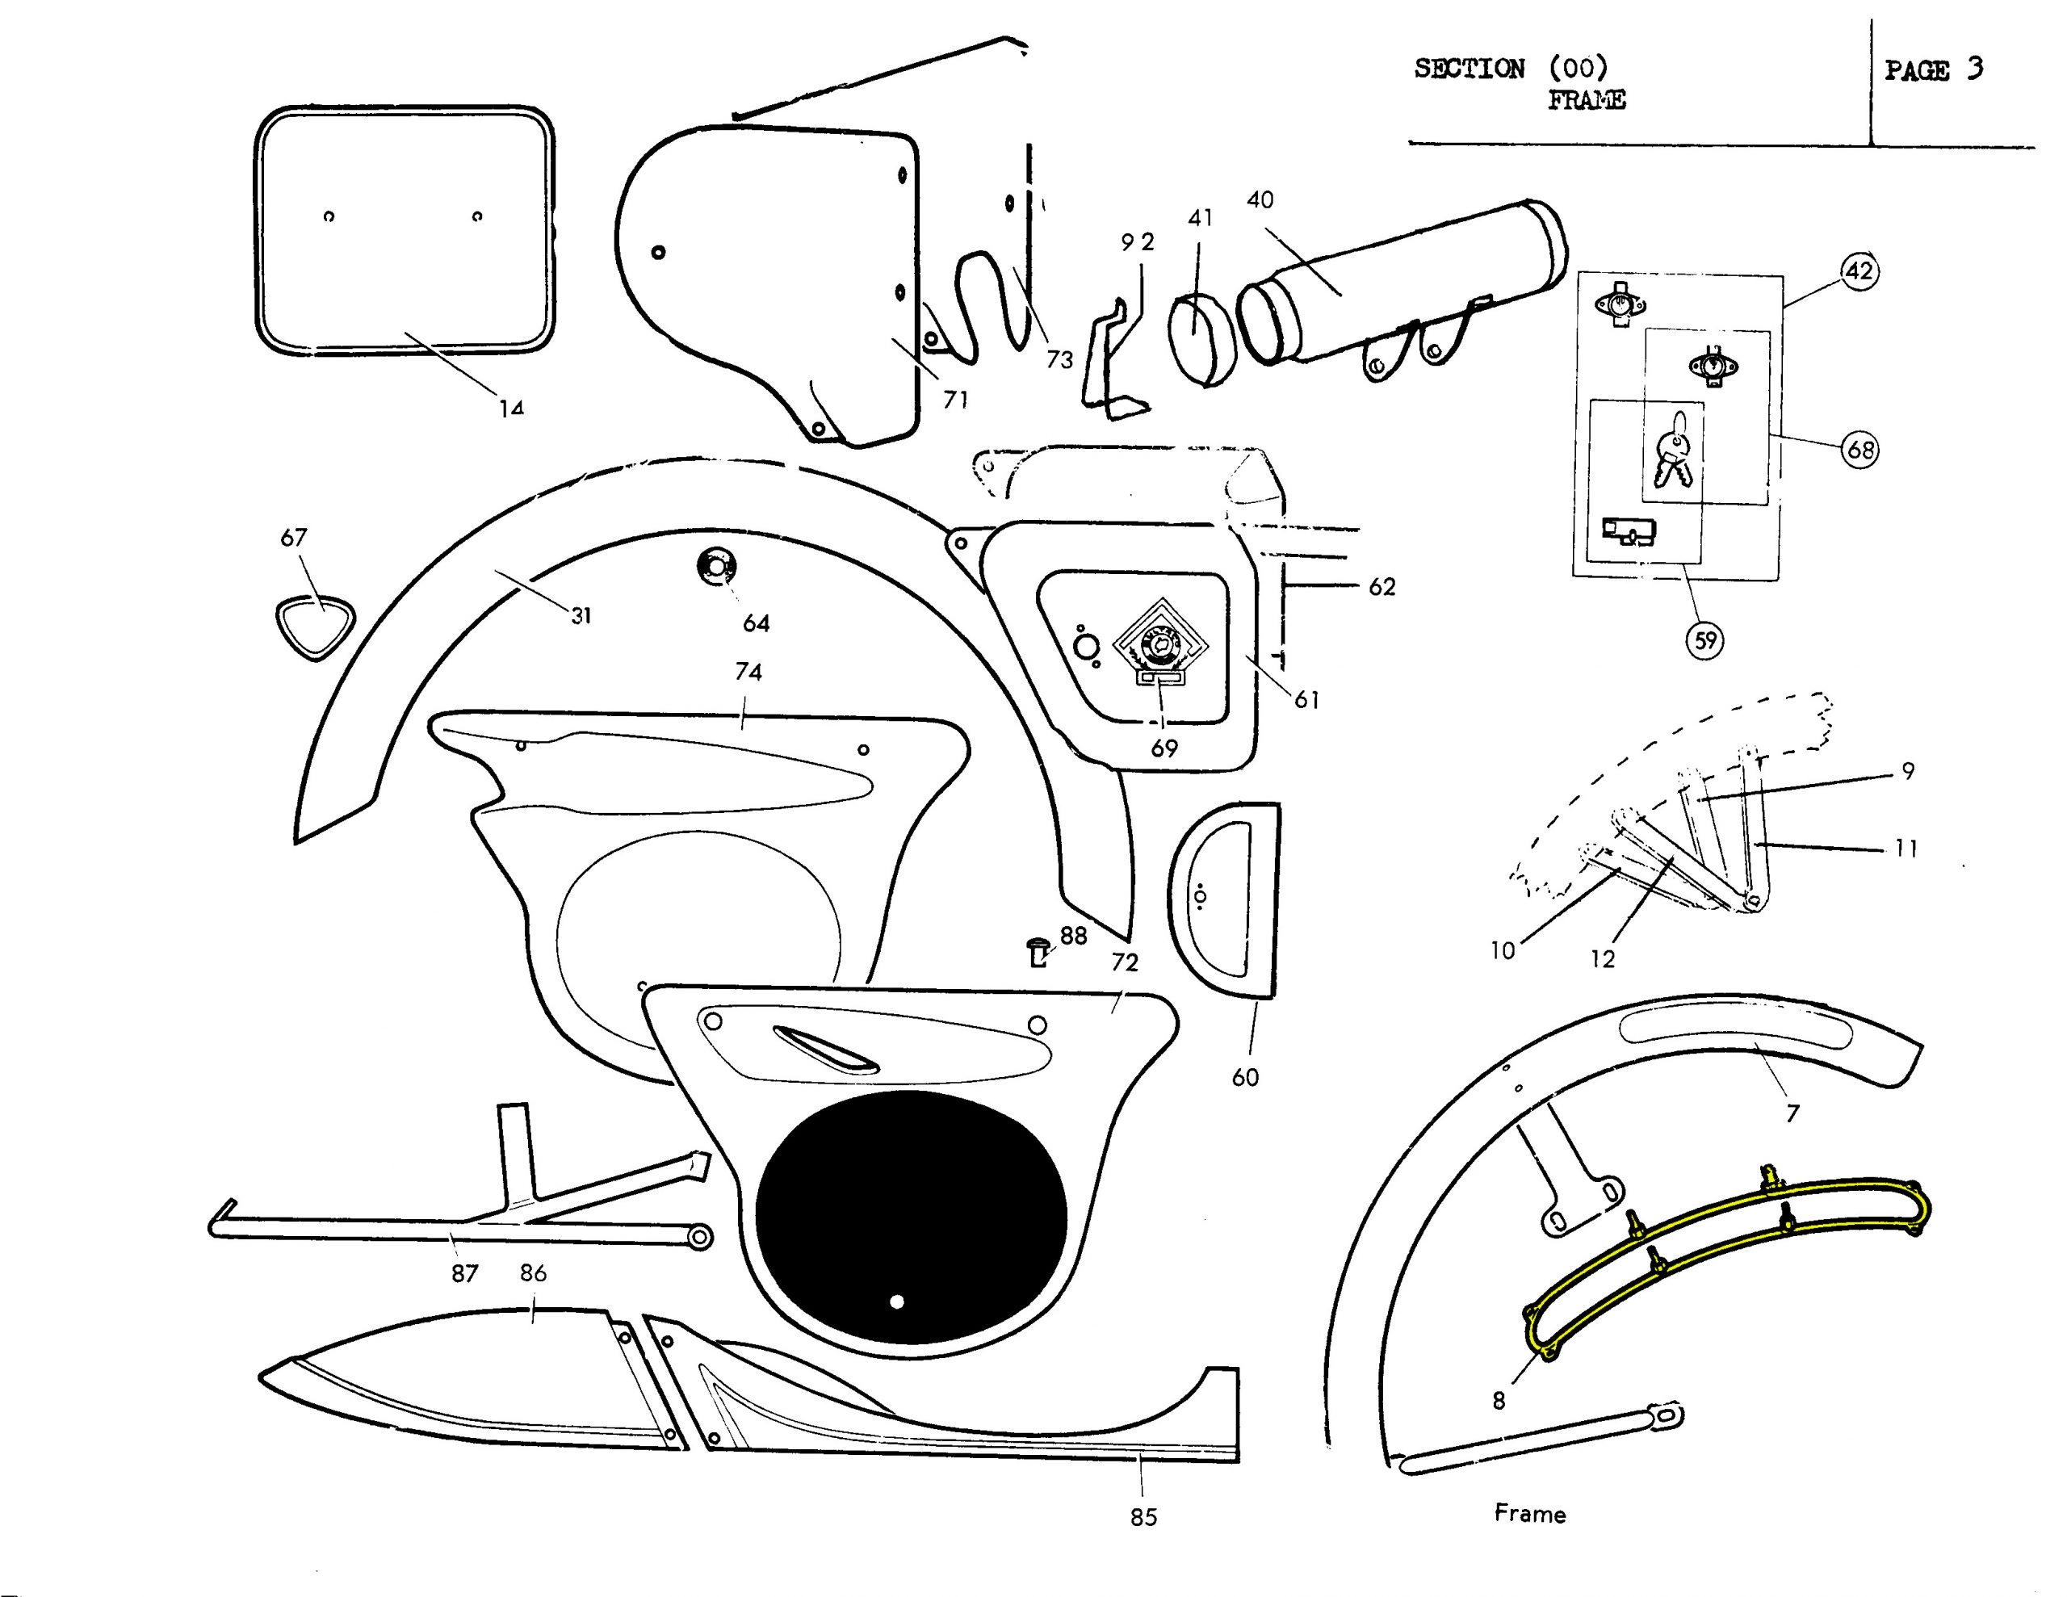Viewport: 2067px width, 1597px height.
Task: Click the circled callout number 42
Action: [x=1859, y=272]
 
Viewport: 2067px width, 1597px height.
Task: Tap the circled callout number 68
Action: [x=1859, y=449]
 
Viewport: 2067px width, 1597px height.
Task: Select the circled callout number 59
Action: [x=1704, y=641]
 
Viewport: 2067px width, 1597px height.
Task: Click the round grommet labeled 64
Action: [x=715, y=567]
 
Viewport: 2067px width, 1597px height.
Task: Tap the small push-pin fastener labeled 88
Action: [x=1038, y=950]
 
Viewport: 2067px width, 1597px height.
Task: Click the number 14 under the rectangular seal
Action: [x=511, y=408]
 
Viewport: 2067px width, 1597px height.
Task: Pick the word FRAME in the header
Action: [x=1587, y=99]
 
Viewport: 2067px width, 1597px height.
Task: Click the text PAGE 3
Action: [x=1933, y=70]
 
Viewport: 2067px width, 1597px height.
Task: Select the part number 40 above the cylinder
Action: [x=1260, y=199]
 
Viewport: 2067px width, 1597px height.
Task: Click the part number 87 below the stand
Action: [x=463, y=1274]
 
